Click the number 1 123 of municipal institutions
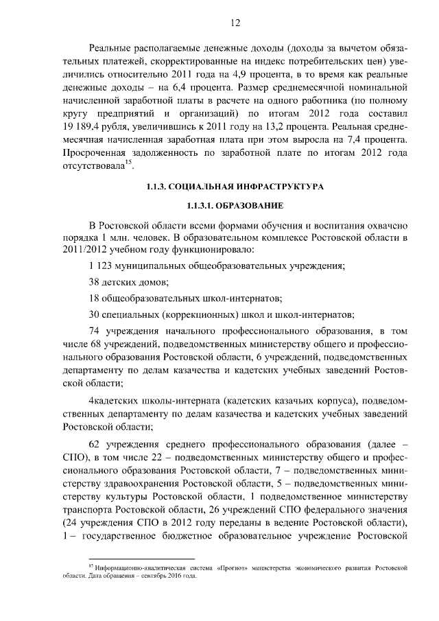[x=102, y=266]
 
